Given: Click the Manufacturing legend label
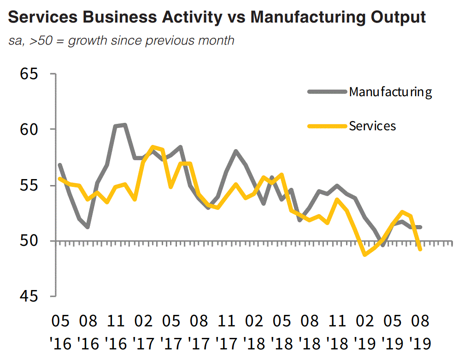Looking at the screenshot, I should pyautogui.click(x=390, y=92).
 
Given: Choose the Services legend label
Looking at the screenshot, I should pyautogui.click(x=372, y=126).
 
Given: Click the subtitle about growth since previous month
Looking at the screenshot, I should pyautogui.click(x=121, y=41).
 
